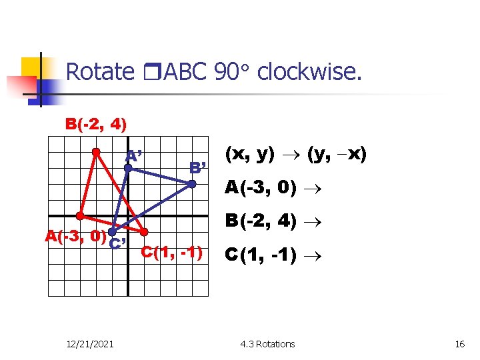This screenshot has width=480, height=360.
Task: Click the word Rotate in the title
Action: point(100,71)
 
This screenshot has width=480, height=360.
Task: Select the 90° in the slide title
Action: point(233,71)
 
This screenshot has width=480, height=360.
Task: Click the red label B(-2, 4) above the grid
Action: point(96,124)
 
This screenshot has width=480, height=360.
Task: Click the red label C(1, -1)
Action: point(172,252)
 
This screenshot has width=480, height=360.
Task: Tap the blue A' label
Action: point(137,157)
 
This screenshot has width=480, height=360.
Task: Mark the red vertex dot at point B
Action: point(96,152)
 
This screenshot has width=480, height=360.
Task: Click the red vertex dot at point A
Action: point(80,216)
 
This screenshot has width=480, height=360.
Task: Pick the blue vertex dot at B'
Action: point(191,184)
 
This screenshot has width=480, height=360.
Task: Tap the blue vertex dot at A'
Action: point(128,168)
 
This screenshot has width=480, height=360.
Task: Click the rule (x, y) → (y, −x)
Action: point(295,155)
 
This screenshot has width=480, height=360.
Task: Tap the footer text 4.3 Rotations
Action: point(267,344)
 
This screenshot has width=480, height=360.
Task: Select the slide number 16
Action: point(459,344)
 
